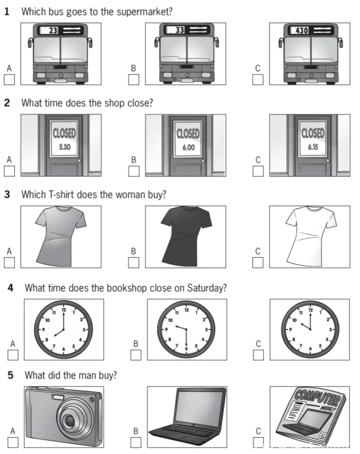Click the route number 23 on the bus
pyautogui.click(x=53, y=30)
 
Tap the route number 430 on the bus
pyautogui.click(x=302, y=30)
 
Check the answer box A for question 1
pyautogui.click(x=9, y=80)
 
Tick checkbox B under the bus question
pyautogui.click(x=134, y=80)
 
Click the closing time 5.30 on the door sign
pyautogui.click(x=65, y=147)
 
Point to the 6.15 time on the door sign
pyautogui.click(x=313, y=147)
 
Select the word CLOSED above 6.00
pyautogui.click(x=188, y=134)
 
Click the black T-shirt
pyautogui.click(x=187, y=236)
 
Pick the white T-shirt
pyautogui.click(x=310, y=236)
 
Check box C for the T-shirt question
pyautogui.click(x=258, y=263)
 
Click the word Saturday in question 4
pyautogui.click(x=207, y=288)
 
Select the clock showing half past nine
pyautogui.click(x=187, y=329)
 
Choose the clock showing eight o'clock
pyautogui.click(x=64, y=329)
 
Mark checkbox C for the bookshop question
pyautogui.click(x=259, y=355)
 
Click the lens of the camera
pyautogui.click(x=70, y=420)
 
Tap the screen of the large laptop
pyautogui.click(x=201, y=407)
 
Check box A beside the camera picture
pyautogui.click(x=13, y=442)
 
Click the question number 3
pyautogui.click(x=7, y=194)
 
